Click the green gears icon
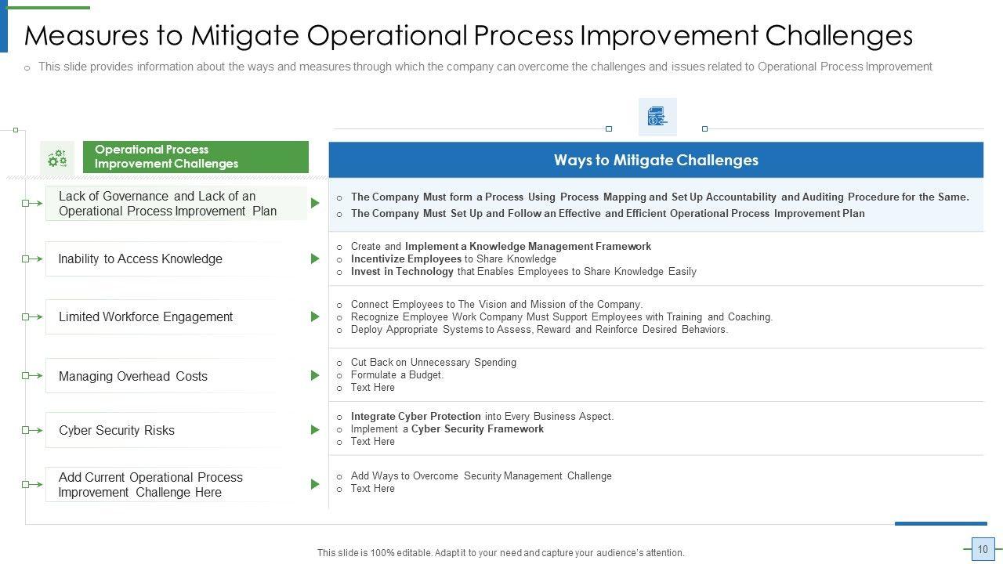pos(57,158)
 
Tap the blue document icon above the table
pos(657,117)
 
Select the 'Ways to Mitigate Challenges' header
pos(656,160)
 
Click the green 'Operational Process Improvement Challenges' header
pos(196,157)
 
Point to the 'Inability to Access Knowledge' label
pos(140,258)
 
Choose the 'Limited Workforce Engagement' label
pos(146,316)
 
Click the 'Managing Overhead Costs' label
pos(133,376)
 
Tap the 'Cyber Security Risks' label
pos(117,430)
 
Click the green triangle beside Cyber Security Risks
pos(315,430)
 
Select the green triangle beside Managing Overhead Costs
pos(315,375)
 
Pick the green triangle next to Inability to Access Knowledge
pos(315,258)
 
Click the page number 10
pos(983,549)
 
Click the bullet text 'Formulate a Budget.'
pos(397,374)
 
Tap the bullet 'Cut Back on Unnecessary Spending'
pos(433,362)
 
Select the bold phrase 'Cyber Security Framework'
pos(477,428)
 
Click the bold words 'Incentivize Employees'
pos(406,258)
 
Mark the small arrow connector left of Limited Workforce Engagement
pos(32,317)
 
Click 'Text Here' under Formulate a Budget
pos(372,387)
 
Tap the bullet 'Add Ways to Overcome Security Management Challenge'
pos(481,475)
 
